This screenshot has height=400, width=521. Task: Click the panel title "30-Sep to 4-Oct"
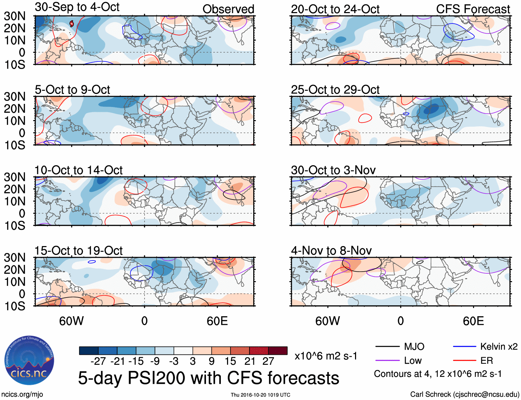tap(77, 7)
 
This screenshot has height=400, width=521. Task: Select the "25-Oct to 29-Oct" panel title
tap(335, 90)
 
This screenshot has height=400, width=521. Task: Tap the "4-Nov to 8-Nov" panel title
tap(331, 251)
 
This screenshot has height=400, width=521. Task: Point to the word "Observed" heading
tap(228, 9)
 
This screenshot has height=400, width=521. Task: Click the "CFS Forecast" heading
tap(473, 9)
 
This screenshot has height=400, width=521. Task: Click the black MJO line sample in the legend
tap(387, 347)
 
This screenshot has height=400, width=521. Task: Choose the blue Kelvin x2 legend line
tap(464, 347)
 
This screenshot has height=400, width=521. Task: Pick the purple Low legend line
tap(387, 361)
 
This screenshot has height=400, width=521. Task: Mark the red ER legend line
tap(464, 361)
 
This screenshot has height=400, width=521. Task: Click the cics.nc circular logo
tap(29, 361)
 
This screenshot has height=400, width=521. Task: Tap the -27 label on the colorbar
tap(98, 361)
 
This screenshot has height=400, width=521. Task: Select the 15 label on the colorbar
tap(230, 361)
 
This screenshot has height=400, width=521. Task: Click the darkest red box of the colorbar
tap(278, 351)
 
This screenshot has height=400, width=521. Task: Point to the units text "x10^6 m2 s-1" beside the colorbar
tap(326, 356)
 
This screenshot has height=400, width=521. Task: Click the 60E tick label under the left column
tap(217, 321)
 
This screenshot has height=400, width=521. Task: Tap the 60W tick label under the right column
tap(327, 321)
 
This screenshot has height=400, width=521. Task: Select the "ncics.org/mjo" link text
tap(22, 394)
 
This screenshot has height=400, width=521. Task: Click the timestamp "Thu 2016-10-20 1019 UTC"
tap(260, 395)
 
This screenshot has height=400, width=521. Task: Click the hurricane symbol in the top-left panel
tap(71, 23)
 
